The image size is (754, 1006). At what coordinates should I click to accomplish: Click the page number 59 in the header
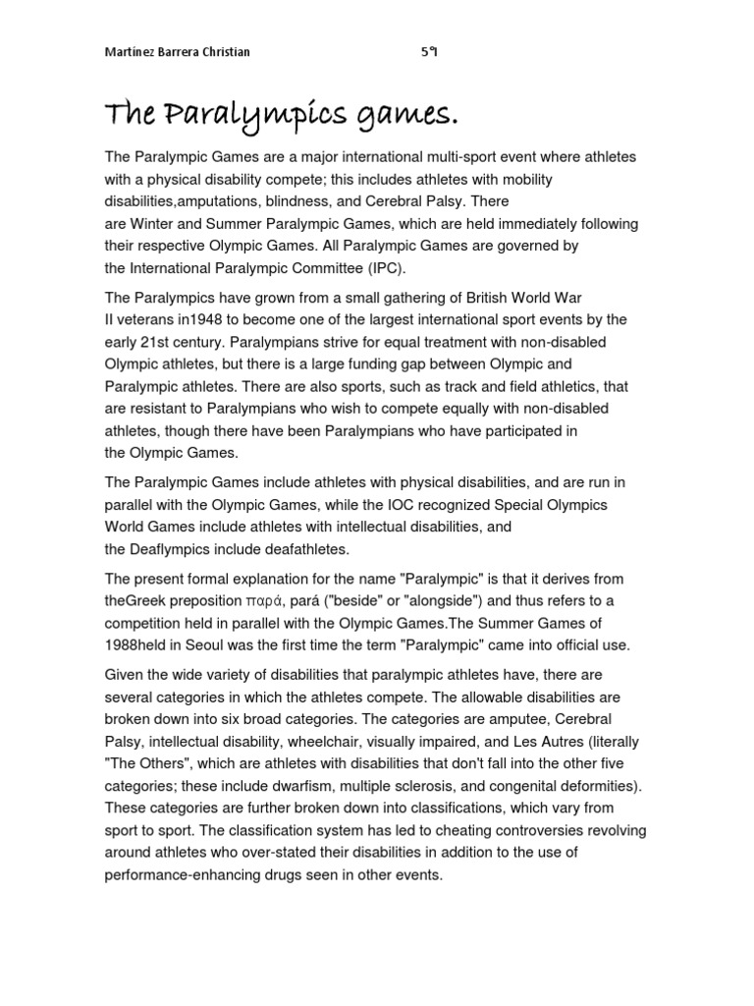pyautogui.click(x=428, y=52)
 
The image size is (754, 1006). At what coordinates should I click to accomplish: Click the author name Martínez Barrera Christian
pyautogui.click(x=177, y=52)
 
